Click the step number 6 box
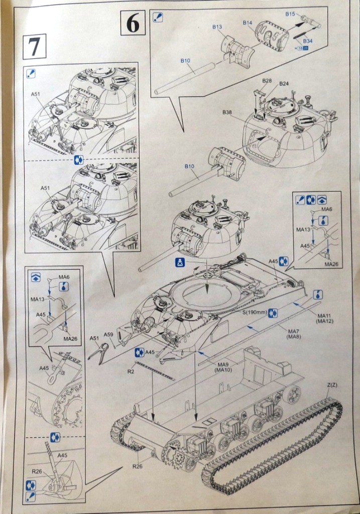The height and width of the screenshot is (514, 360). (x=133, y=24)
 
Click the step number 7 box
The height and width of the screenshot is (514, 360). (x=35, y=47)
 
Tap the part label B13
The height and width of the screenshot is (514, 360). (x=217, y=27)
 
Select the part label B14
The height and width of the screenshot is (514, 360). (x=247, y=23)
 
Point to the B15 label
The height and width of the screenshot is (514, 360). (x=290, y=14)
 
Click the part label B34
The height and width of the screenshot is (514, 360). (x=308, y=41)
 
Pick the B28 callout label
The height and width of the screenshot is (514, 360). (x=267, y=81)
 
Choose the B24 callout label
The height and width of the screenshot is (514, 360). (x=284, y=83)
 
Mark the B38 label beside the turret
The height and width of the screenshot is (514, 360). (x=227, y=112)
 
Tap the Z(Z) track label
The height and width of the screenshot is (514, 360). (x=332, y=384)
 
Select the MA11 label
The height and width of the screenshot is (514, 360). (x=323, y=315)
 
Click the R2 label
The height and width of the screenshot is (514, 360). (x=131, y=372)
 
